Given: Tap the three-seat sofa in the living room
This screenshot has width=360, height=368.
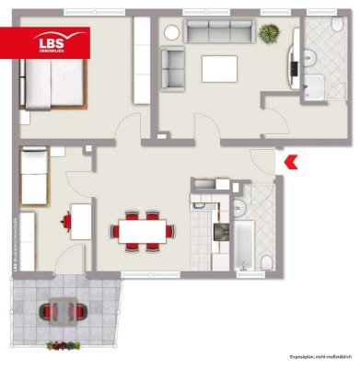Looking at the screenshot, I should click(218, 31).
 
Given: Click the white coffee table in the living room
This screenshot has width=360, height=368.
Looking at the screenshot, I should click(219, 67).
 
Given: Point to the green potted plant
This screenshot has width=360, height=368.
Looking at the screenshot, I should click(269, 35).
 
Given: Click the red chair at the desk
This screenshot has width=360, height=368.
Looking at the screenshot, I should click(65, 221).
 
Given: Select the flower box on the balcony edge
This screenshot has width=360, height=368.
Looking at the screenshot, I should click(63, 346).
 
